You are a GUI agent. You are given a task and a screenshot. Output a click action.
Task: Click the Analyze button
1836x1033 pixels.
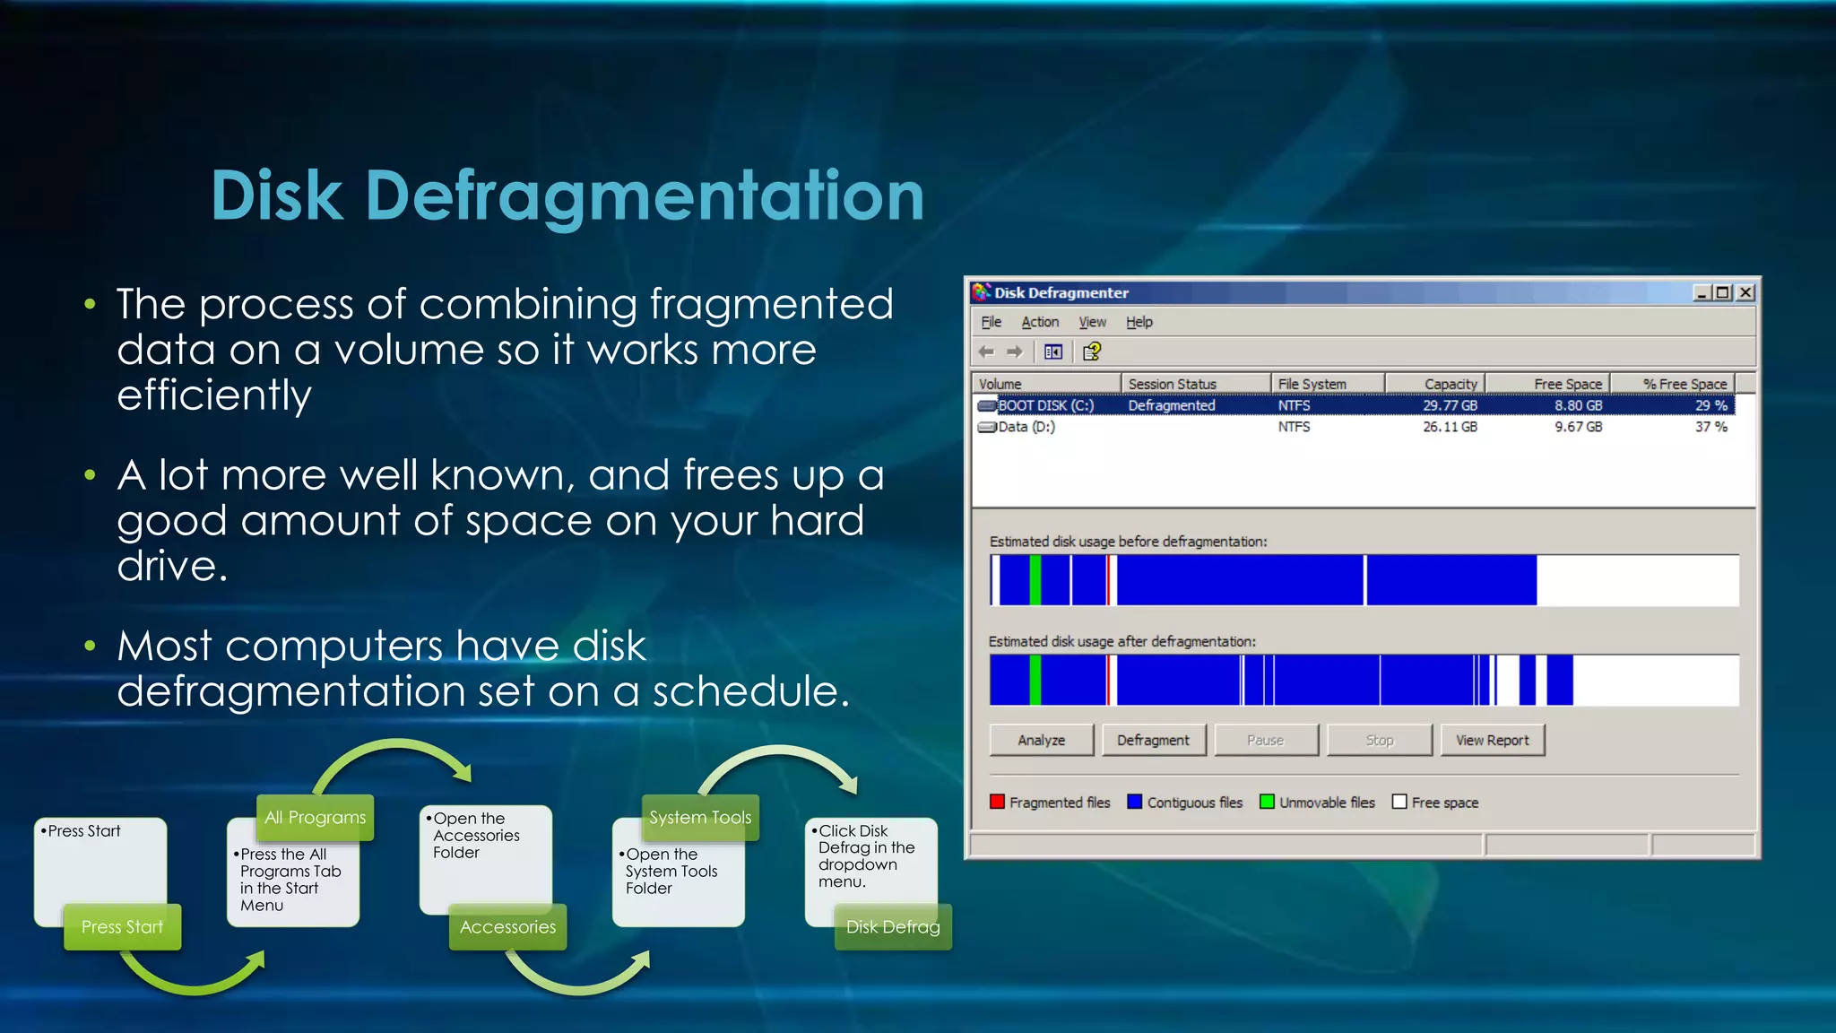(x=1041, y=740)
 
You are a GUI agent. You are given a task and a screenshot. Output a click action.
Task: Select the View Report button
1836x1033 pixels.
(x=1492, y=740)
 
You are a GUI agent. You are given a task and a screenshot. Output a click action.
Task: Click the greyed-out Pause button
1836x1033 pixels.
(x=1265, y=740)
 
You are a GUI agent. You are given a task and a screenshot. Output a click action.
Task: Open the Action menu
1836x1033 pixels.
(x=1040, y=322)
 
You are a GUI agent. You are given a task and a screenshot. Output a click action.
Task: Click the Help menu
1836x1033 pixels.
(x=1139, y=322)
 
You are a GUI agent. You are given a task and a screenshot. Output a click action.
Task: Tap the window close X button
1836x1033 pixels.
(x=1745, y=292)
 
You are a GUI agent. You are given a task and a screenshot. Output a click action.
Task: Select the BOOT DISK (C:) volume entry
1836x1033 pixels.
(x=1045, y=405)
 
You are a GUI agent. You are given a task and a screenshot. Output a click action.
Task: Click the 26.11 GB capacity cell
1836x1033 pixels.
(x=1450, y=427)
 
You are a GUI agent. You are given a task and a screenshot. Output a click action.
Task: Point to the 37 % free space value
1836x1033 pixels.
(x=1710, y=427)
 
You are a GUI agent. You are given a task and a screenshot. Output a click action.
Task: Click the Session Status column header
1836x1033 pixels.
(x=1172, y=384)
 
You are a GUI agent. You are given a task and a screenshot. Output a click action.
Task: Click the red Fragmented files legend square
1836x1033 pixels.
(x=997, y=802)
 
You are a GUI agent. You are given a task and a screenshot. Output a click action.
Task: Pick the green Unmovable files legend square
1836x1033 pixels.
(x=1267, y=802)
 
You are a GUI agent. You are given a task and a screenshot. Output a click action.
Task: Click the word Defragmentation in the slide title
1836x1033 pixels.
(x=644, y=195)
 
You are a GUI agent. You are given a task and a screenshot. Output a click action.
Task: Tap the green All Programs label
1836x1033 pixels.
(x=315, y=817)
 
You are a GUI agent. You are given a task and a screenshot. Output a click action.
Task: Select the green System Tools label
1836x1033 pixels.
(x=700, y=817)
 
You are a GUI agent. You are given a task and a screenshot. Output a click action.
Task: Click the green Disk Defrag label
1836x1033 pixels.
(x=892, y=926)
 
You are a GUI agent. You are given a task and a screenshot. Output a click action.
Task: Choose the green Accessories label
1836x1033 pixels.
(x=507, y=926)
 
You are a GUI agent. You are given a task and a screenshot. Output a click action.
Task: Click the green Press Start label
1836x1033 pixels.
(x=122, y=926)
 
